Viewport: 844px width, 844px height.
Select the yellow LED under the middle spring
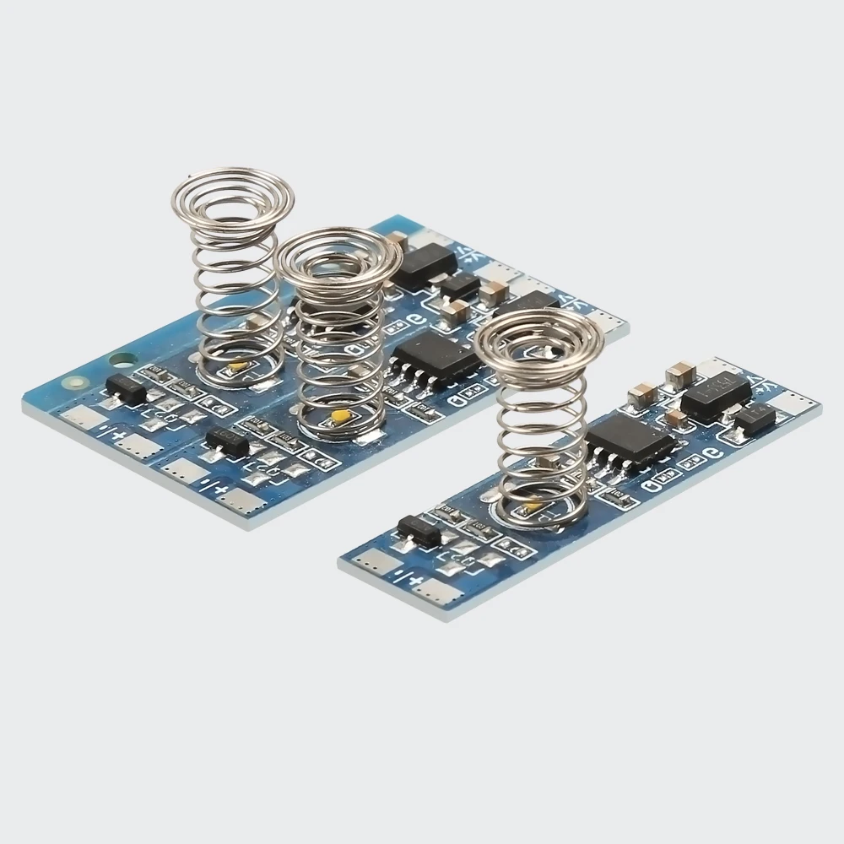(341, 415)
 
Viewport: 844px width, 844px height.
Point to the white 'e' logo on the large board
(415, 320)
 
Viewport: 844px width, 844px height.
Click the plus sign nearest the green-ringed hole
(122, 437)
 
